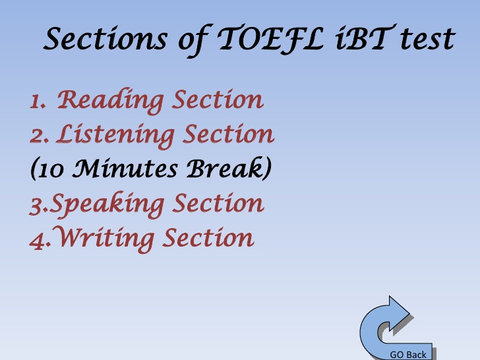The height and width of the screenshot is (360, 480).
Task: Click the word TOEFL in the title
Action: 270,39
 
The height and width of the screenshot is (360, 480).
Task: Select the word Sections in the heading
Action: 105,38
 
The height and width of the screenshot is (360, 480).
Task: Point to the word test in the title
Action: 428,39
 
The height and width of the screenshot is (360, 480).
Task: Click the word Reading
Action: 110,101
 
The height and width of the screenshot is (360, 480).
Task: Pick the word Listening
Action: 115,135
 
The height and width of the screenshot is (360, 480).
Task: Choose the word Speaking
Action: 107,204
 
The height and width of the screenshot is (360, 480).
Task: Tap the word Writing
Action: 104,239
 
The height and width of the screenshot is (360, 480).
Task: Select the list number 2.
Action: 39,136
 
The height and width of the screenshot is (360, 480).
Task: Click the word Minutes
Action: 125,169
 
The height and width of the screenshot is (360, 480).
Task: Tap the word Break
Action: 225,167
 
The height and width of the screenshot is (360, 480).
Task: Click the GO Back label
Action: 407,355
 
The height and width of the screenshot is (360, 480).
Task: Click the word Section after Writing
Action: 208,238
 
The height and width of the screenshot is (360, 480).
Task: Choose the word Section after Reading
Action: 218,100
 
